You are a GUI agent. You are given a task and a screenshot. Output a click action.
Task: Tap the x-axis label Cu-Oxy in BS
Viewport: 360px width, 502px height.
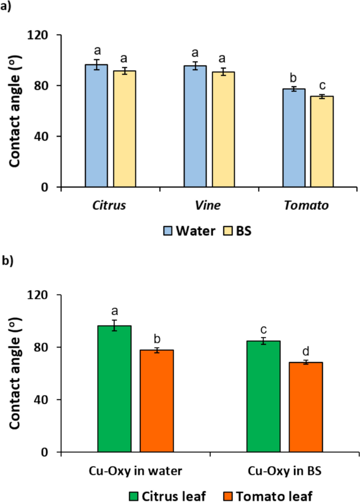point(284,471)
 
